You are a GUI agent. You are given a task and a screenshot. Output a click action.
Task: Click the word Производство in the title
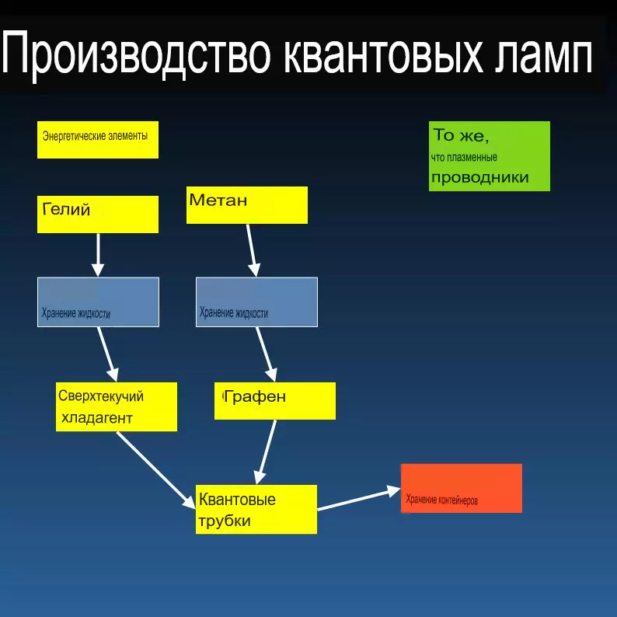click(136, 54)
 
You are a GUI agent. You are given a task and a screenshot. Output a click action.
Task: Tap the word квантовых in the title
click(383, 54)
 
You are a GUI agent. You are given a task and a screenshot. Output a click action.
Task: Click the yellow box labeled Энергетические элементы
click(98, 140)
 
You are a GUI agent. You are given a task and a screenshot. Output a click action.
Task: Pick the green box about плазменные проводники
click(490, 156)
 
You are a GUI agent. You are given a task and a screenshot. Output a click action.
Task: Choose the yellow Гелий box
click(98, 214)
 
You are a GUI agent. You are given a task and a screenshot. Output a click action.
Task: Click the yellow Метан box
click(246, 205)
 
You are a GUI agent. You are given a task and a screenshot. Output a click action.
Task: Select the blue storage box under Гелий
click(99, 302)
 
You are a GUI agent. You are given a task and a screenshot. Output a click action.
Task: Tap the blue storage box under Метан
click(256, 302)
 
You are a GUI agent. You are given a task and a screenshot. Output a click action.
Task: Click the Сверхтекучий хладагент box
click(117, 406)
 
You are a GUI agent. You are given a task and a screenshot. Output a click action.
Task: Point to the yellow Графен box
click(275, 400)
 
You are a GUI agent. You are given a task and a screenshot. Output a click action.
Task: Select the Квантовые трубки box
click(256, 509)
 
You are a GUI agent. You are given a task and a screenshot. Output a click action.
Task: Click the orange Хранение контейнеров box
click(462, 488)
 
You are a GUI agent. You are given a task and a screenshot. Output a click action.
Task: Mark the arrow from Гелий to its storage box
click(98, 255)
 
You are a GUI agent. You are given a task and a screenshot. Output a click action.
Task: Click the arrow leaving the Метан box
click(252, 250)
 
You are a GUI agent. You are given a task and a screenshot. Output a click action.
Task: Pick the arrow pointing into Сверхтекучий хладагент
click(108, 354)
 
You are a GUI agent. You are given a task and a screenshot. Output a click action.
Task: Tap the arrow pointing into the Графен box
click(267, 354)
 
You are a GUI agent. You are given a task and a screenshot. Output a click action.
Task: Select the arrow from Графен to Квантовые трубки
click(266, 452)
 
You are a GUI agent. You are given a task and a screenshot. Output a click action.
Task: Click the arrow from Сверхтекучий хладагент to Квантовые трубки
click(156, 470)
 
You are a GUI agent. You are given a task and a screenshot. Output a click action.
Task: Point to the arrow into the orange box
click(359, 500)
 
